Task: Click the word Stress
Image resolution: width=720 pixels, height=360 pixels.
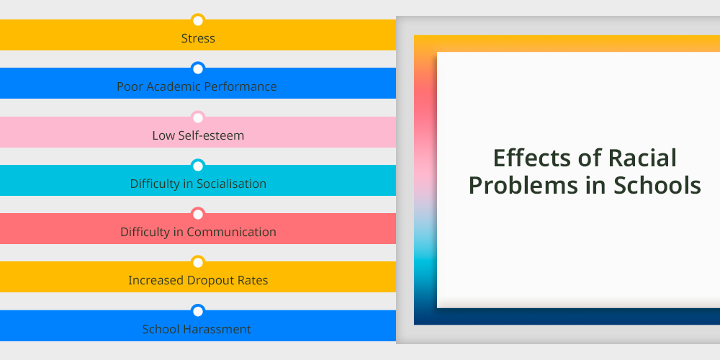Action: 198,38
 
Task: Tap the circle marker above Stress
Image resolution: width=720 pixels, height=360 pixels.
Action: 198,21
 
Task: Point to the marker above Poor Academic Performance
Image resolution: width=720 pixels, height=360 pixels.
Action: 198,69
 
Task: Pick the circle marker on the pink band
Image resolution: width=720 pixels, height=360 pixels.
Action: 198,118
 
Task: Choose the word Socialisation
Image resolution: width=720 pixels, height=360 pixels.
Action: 231,184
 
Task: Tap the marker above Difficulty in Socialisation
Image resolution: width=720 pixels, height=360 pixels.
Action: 198,166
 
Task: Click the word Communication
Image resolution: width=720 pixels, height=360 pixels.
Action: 231,232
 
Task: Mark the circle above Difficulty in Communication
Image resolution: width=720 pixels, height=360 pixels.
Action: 198,215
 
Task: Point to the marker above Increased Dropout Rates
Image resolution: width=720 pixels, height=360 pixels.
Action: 198,263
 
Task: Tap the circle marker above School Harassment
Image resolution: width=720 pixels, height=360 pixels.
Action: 198,311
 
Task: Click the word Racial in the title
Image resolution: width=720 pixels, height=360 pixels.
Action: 642,158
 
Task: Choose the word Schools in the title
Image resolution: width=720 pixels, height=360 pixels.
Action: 657,186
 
